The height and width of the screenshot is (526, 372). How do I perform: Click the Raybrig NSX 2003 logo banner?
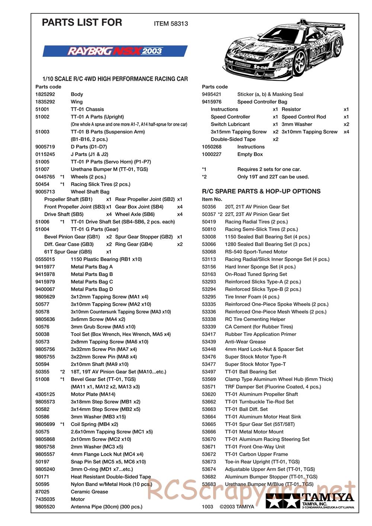pos(115,51)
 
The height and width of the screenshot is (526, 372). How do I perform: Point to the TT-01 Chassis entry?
pos(87,109)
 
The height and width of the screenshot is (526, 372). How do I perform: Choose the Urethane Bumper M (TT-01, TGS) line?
pos(109,169)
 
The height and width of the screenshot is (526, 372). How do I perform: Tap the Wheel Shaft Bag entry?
pos(90,192)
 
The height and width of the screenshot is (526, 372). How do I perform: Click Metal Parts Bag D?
pos(92,289)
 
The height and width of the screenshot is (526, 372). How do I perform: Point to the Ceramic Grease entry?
pos(89,492)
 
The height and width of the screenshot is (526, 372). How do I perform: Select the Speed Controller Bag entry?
pos(262,102)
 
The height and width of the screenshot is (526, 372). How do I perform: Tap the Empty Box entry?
pos(250,154)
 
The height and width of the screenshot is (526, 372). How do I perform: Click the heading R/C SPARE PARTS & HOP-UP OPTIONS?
pos(261,192)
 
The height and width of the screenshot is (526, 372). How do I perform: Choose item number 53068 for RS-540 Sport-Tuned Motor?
pos(209,252)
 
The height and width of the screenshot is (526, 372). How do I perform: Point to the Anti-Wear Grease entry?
pos(245,342)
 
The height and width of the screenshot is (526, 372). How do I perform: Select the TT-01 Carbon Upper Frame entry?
pos(256,454)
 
